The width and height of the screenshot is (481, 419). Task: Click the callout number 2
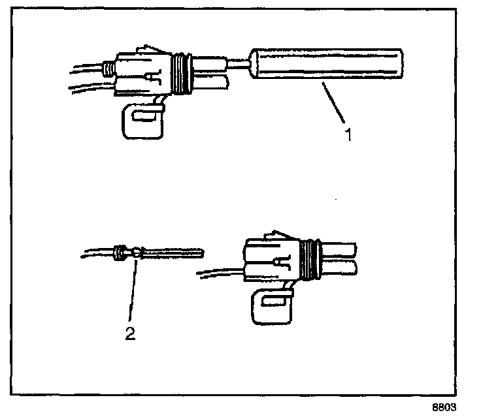coord(130,334)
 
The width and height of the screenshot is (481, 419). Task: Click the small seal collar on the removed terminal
coord(120,251)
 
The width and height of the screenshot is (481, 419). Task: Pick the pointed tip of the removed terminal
coord(205,252)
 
